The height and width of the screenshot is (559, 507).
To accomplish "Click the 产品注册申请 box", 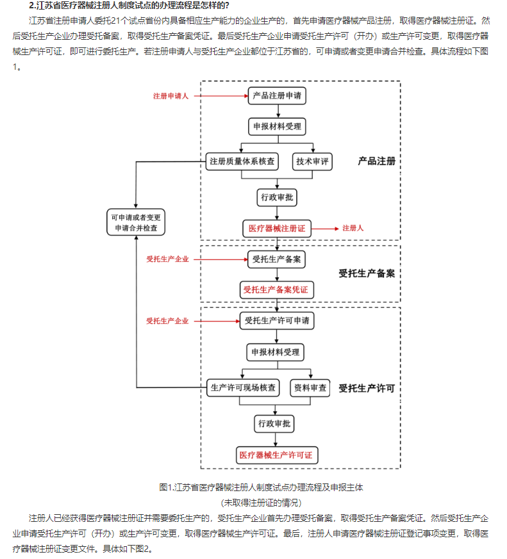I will point(277,96).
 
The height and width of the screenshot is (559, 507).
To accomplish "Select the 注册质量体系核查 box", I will point(243,161).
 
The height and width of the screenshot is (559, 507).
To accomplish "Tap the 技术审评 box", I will point(312,161).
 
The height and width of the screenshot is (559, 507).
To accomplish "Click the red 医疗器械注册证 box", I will point(277,228).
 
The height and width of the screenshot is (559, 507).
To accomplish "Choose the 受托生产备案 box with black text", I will point(277,259).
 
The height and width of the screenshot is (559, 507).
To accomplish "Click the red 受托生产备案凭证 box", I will point(277,290).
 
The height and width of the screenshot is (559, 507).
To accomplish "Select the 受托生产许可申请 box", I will point(277,320).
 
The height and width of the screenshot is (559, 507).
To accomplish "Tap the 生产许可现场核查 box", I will point(244,387).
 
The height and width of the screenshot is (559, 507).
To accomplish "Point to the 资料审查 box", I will point(310,387).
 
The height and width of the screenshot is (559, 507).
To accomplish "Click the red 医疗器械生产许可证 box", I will point(277,455).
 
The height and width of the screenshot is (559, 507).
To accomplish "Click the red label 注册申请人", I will point(170,96).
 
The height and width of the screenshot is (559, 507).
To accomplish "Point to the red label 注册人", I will point(353,228).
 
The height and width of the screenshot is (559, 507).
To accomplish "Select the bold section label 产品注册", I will point(376,161).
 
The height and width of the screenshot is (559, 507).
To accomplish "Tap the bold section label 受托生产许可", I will point(366,388).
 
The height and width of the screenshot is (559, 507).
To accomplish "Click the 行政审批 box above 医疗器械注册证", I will point(277,197).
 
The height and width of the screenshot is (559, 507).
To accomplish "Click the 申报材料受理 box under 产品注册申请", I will point(277,126).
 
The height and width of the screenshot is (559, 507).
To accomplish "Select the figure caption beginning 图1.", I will point(261,487).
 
